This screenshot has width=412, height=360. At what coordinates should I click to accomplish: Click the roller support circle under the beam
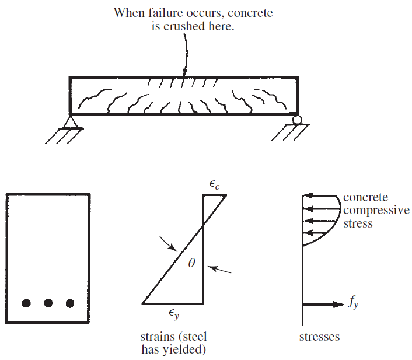[x=298, y=120]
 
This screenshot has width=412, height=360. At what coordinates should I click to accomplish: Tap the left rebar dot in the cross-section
[x=26, y=303]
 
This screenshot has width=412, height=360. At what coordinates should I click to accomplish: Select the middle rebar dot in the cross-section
[x=48, y=303]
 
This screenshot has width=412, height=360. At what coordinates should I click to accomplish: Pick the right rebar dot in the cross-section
[x=70, y=303]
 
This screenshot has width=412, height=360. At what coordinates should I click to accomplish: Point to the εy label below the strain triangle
[x=173, y=315]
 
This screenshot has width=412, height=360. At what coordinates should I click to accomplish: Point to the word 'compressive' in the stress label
[x=376, y=210]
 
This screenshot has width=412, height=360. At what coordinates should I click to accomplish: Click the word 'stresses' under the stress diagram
[x=319, y=337]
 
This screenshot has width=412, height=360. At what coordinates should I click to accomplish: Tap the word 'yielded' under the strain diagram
[x=188, y=350]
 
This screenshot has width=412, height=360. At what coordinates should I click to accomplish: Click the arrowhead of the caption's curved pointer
[x=184, y=72]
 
